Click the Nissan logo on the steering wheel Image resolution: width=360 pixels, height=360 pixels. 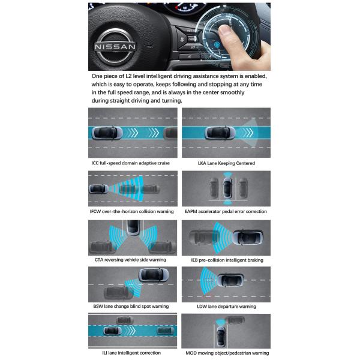115,46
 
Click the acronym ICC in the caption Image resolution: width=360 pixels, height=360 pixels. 95,163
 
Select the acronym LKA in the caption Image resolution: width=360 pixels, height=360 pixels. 202,163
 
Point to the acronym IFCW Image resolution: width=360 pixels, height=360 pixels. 95,211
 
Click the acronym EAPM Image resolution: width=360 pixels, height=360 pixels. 191,211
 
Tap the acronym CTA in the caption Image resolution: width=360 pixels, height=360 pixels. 99,260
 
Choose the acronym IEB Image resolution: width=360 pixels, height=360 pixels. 194,260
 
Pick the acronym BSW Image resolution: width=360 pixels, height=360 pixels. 98,306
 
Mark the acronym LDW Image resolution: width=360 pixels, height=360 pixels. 202,307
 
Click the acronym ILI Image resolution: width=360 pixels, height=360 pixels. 104,353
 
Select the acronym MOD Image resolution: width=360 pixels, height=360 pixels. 191,353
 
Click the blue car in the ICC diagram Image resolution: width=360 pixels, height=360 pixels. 107,133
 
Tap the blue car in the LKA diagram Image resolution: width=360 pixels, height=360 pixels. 220,133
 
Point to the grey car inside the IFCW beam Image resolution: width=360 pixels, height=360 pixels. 140,189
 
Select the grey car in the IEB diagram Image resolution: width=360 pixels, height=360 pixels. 204,238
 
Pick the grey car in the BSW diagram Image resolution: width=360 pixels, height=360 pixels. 118,293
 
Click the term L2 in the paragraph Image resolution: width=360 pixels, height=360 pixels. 128,76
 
